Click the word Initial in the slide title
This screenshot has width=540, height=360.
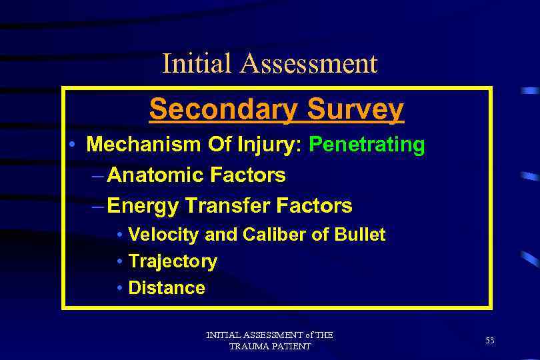pos(197,64)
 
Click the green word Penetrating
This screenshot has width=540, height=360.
pos(368,145)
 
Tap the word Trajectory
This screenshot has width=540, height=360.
pos(173,261)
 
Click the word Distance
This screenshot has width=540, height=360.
pos(167,288)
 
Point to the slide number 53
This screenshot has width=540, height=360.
pos(490,341)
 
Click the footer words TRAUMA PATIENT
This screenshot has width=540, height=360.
pos(270,347)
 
